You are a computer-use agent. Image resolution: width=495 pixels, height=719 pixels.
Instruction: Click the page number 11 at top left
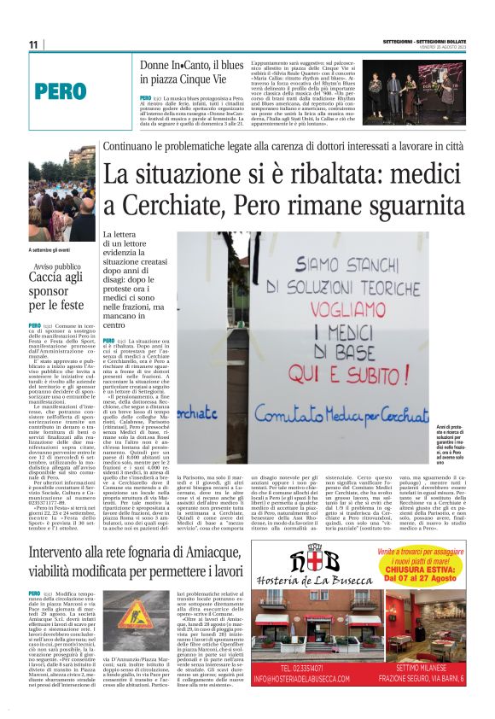click(x=33, y=44)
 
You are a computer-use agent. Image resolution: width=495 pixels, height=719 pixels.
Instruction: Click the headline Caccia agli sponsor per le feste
click(x=57, y=289)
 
